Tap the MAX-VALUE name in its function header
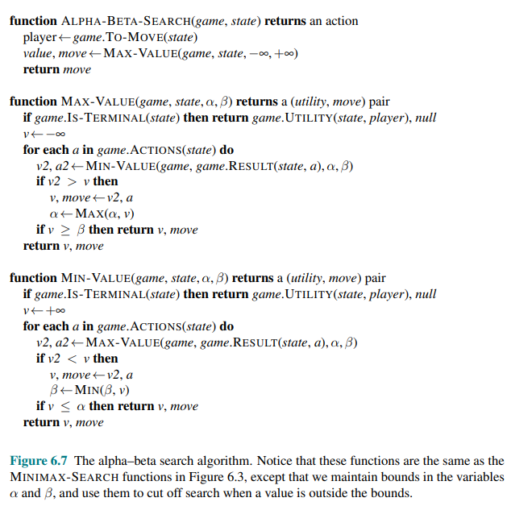(x=96, y=102)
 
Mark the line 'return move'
(x=56, y=69)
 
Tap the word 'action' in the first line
(x=340, y=21)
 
